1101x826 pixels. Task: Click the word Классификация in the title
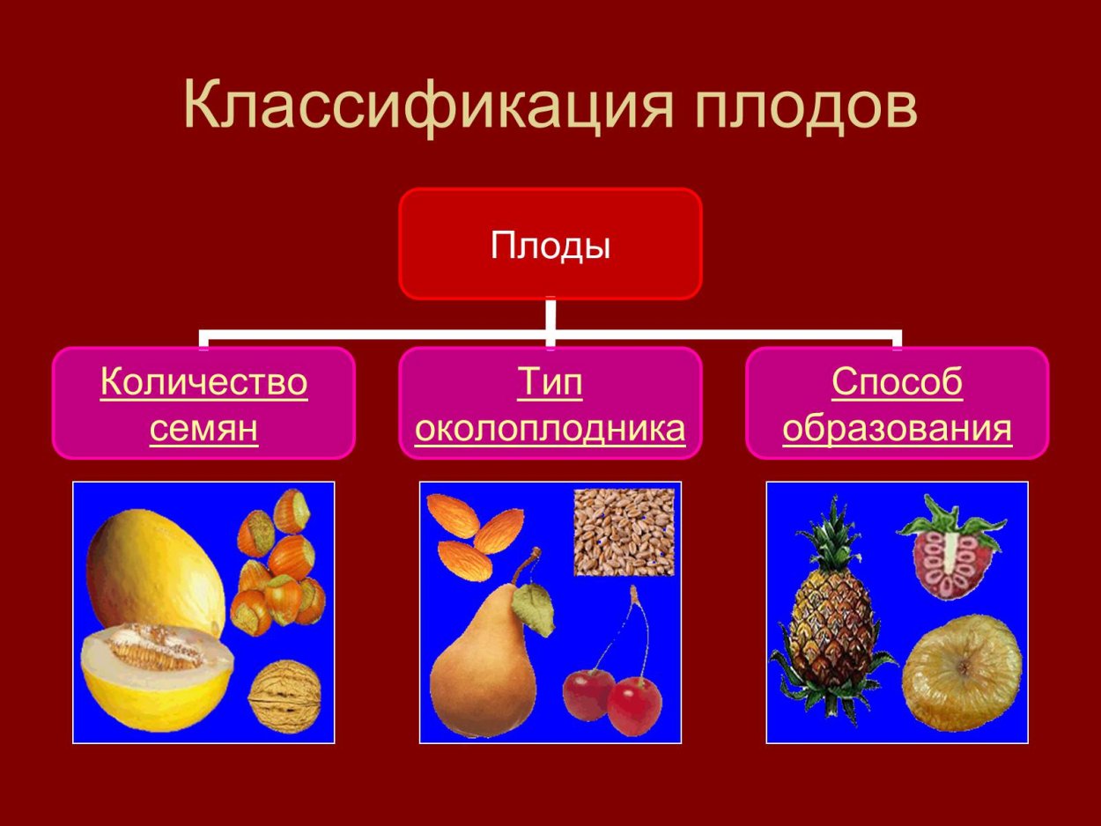click(x=423, y=107)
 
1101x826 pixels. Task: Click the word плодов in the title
click(x=805, y=107)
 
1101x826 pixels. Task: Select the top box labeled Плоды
click(x=550, y=244)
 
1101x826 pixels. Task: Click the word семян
click(x=203, y=429)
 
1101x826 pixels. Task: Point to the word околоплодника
click(x=550, y=429)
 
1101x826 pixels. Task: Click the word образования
click(x=897, y=429)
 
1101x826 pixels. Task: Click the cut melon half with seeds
click(x=157, y=674)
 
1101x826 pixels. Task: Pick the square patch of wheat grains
click(x=624, y=532)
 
